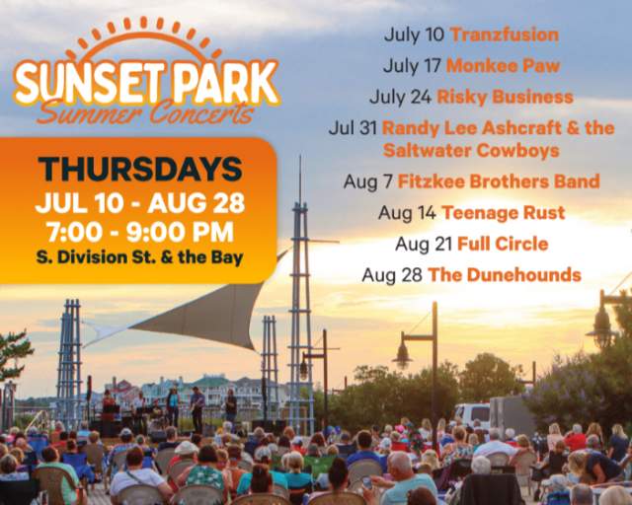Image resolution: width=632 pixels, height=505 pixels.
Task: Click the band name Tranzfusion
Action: pos(504,36)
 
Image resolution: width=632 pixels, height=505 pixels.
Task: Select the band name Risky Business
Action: pos(505,97)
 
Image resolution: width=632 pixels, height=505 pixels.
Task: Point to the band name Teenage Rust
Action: pos(503,212)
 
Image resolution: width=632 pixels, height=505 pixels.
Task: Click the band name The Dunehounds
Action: pos(504,275)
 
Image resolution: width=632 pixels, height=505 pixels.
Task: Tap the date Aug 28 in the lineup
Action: pos(392,275)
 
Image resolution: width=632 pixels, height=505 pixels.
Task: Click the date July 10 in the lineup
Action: pos(414,36)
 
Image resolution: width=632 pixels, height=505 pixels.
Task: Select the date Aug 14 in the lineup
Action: pos(406,212)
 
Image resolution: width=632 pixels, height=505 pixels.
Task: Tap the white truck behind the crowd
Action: pos(472,413)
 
